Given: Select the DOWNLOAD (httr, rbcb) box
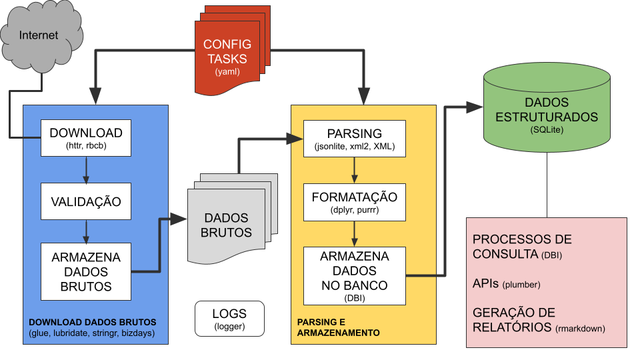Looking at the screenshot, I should coord(86,139).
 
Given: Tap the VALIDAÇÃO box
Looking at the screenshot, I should coord(86,201).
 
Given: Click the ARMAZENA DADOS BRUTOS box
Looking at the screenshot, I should coord(86,271).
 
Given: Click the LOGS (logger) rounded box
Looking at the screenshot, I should coord(229,319).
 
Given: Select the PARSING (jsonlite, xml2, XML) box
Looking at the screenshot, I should coord(354,139).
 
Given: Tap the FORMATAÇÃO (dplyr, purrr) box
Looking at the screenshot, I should coord(354,203).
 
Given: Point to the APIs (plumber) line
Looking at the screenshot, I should coord(506,284).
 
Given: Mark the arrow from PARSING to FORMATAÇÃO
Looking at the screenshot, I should coord(354,171).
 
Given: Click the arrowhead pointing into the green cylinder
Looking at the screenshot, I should coord(475,107).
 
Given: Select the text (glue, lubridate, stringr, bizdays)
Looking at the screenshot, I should coord(91,333).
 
